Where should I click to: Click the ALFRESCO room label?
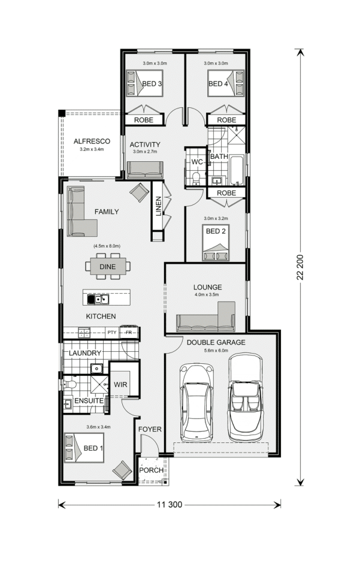click(92, 141)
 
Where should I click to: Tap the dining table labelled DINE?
click(108, 267)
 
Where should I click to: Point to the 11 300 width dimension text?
click(170, 505)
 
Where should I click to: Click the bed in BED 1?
click(84, 448)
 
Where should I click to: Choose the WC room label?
click(197, 162)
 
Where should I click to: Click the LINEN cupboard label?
click(159, 206)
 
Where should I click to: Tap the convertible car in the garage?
click(246, 397)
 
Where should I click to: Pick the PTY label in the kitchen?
click(112, 332)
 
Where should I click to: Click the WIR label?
click(120, 384)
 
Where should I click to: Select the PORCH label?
click(151, 470)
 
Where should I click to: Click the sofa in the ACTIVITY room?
click(144, 170)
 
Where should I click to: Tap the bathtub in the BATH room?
click(237, 170)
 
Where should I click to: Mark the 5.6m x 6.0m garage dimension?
click(216, 351)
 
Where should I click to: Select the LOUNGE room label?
click(207, 287)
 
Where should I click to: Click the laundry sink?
click(96, 369)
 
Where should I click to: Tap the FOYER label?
click(150, 429)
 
